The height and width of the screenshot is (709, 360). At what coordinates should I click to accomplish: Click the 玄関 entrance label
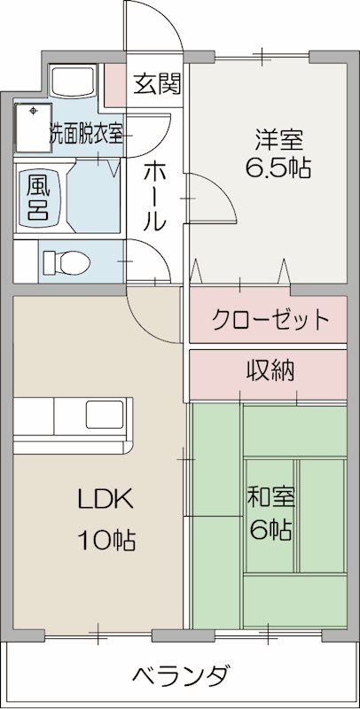tap(158, 84)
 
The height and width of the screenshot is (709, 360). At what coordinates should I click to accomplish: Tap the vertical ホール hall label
tap(153, 196)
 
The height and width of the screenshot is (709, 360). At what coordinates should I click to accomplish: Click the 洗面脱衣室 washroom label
tap(86, 135)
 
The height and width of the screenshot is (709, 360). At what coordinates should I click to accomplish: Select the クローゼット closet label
tap(270, 320)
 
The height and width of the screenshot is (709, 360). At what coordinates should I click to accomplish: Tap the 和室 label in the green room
tap(270, 498)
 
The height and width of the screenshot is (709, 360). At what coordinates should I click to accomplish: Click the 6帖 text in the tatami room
tap(270, 530)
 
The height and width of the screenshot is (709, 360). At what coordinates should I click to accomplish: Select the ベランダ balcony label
tap(184, 676)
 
